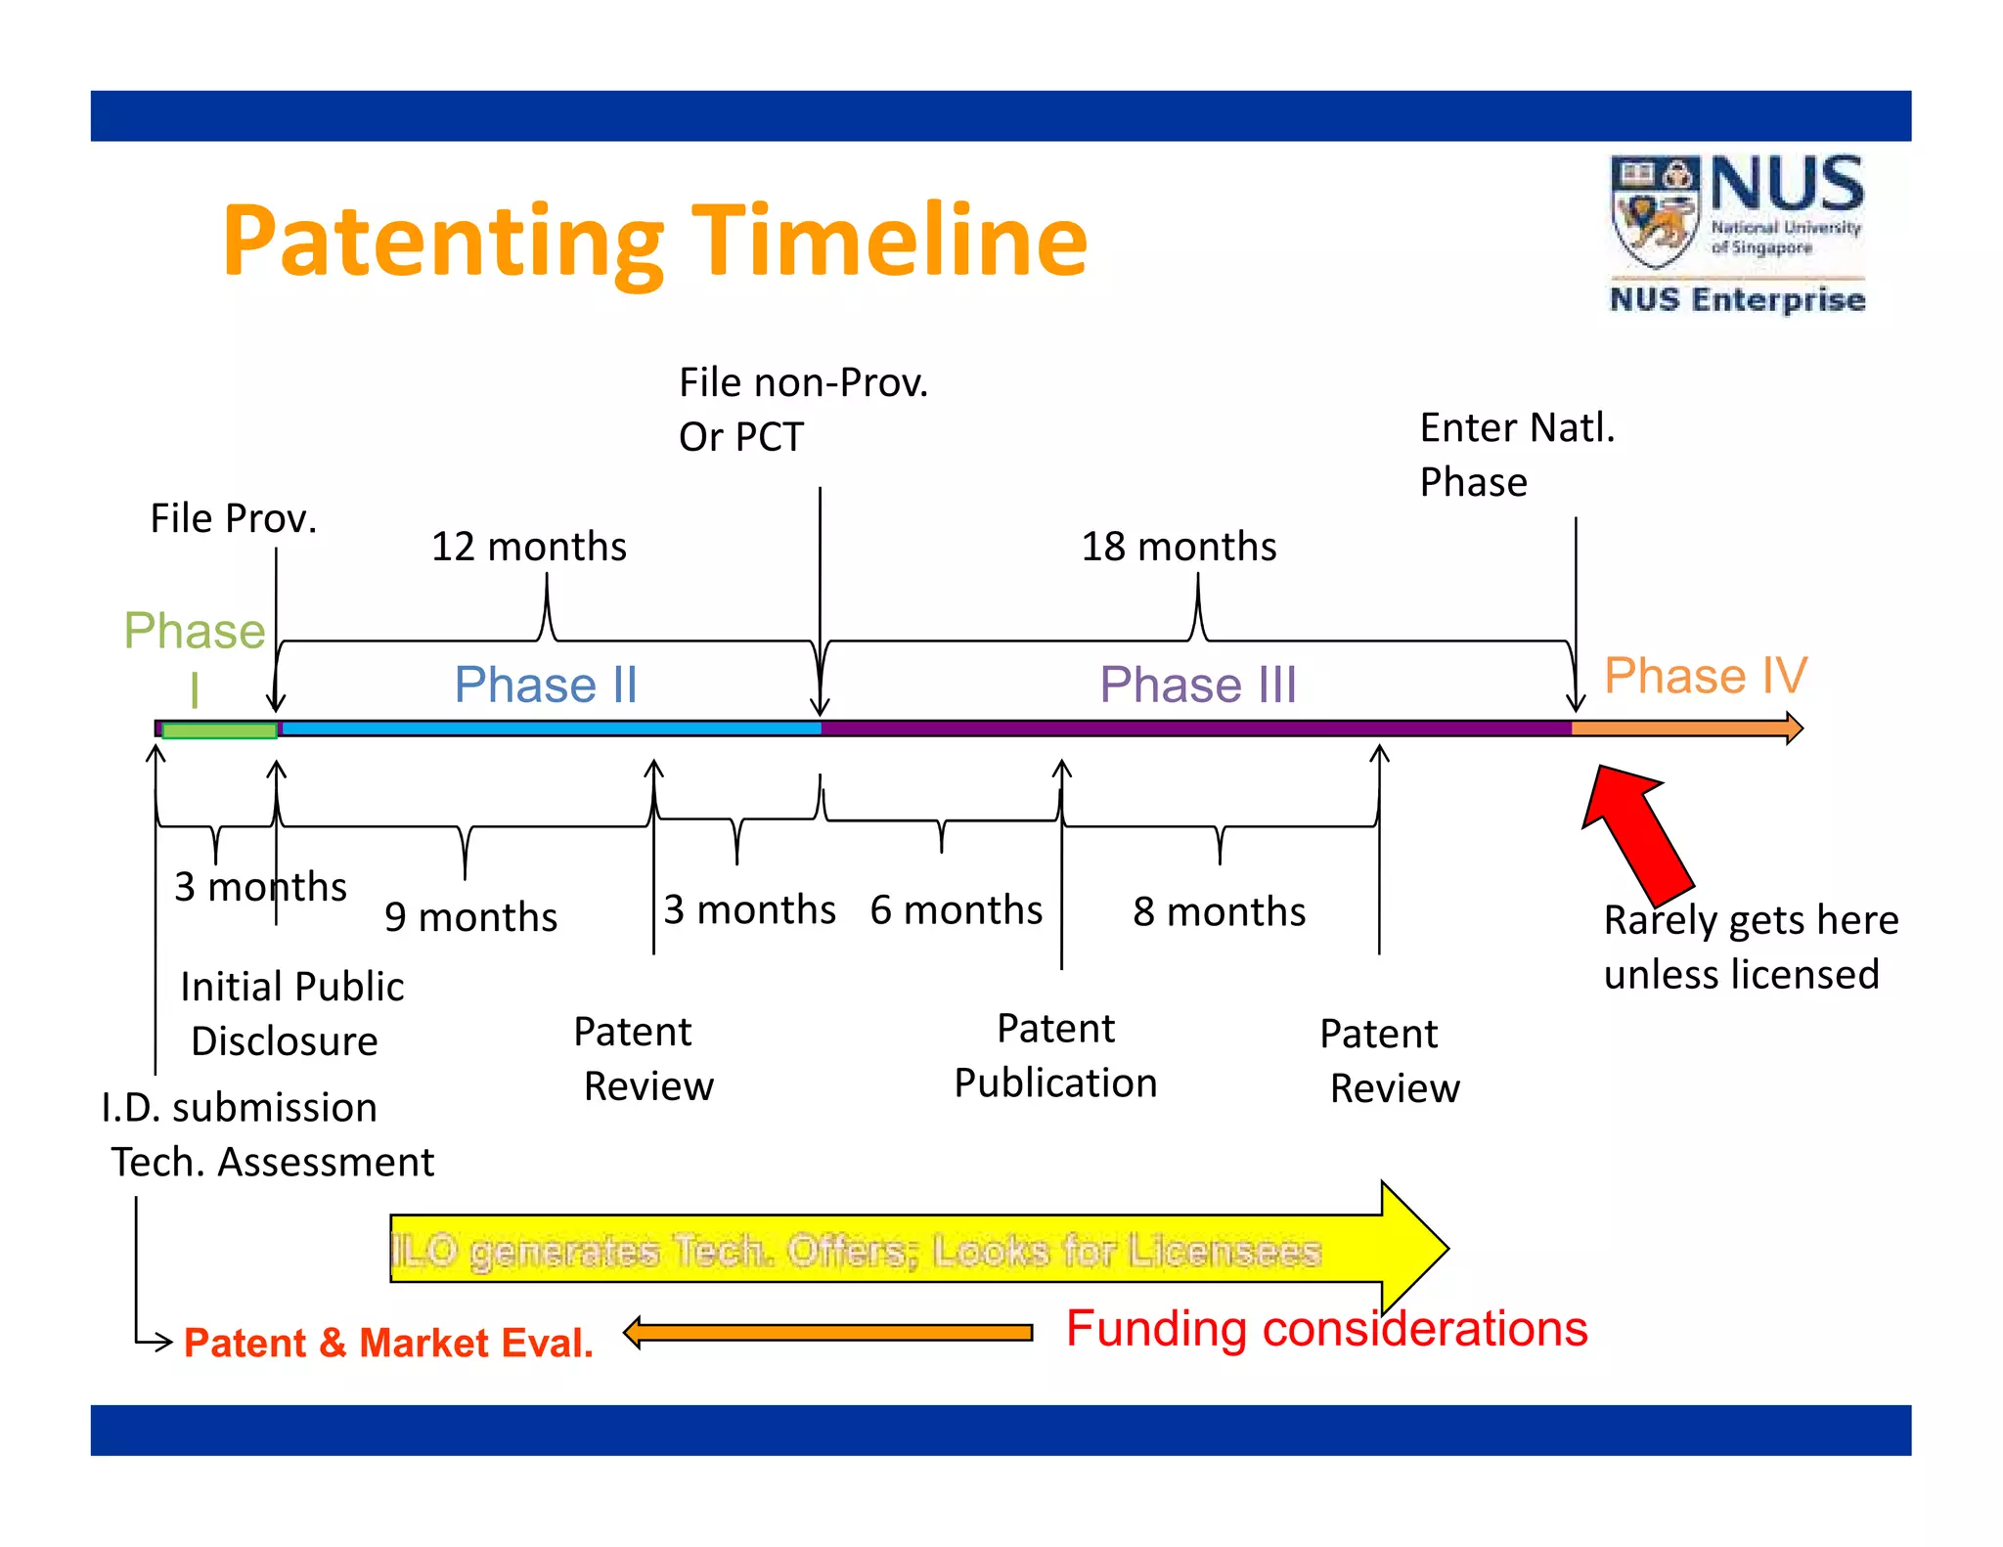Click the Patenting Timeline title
click(653, 241)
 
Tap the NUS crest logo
click(1655, 211)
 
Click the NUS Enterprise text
click(1737, 299)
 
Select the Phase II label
click(546, 684)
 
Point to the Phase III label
click(1198, 684)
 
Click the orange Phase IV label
click(1705, 676)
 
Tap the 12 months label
click(528, 547)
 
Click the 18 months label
click(1178, 547)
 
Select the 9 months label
click(470, 917)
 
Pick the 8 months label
click(1219, 911)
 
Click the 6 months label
click(956, 910)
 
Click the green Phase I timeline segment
click(219, 730)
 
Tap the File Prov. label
click(233, 518)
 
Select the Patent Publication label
click(1055, 1056)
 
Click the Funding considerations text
click(1326, 1329)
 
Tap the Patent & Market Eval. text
click(388, 1343)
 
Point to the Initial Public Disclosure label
click(290, 1014)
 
